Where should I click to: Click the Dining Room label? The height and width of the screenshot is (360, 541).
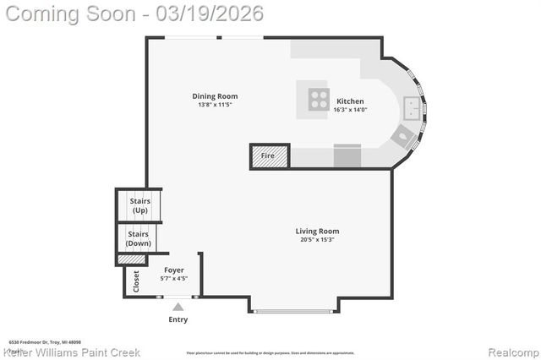pyautogui.click(x=215, y=96)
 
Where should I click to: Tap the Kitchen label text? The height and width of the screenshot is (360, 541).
pyautogui.click(x=350, y=101)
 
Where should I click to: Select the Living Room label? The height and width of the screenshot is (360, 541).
pyautogui.click(x=317, y=231)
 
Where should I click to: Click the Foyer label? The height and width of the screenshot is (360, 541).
pyautogui.click(x=173, y=270)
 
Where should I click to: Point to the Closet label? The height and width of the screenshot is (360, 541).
pyautogui.click(x=136, y=281)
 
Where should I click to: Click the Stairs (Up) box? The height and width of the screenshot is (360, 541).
pyautogui.click(x=139, y=205)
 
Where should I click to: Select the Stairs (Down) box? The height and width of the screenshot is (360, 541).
pyautogui.click(x=139, y=238)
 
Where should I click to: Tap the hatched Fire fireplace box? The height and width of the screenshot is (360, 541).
pyautogui.click(x=270, y=156)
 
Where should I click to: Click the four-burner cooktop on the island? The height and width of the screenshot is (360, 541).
pyautogui.click(x=319, y=98)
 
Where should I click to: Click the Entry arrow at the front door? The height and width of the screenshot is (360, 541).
pyautogui.click(x=178, y=306)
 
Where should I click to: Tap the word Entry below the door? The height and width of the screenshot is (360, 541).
pyautogui.click(x=178, y=319)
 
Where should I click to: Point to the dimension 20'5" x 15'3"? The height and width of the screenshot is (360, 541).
pyautogui.click(x=317, y=240)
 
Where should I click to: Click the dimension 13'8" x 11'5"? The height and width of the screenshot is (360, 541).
pyautogui.click(x=215, y=106)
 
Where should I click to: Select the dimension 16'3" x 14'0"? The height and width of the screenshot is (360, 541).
pyautogui.click(x=350, y=110)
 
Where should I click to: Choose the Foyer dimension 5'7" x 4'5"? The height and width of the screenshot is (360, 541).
pyautogui.click(x=173, y=278)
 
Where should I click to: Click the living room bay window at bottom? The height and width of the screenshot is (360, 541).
pyautogui.click(x=294, y=311)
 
